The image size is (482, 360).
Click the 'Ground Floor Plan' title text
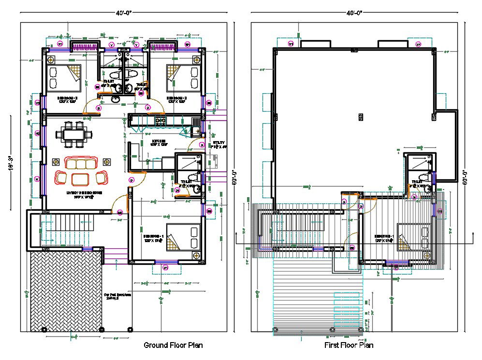pyautogui.click(x=173, y=345)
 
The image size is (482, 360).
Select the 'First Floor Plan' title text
pyautogui.click(x=349, y=345)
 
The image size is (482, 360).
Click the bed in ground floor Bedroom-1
pyautogui.click(x=183, y=237)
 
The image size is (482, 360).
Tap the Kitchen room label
pyautogui.click(x=159, y=144)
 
